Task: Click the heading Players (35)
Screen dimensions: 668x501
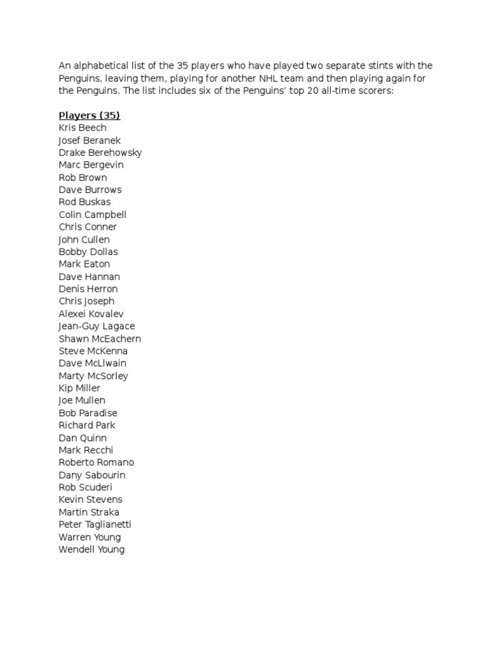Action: [89, 115]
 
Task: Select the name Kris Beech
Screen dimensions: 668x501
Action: [82, 128]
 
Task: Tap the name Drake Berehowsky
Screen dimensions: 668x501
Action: [100, 153]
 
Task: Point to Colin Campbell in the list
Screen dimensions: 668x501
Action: [92, 215]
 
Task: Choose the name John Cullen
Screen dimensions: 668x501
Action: [84, 239]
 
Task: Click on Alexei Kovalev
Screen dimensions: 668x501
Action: [91, 314]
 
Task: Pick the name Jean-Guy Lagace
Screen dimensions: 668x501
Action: [97, 326]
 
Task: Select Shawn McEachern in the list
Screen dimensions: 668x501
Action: [99, 339]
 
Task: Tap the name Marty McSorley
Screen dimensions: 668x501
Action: [93, 376]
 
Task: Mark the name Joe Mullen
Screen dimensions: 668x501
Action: [82, 401]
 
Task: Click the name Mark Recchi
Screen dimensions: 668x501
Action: [85, 450]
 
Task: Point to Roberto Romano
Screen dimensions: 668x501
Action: [96, 463]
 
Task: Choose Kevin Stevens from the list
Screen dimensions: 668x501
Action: [90, 500]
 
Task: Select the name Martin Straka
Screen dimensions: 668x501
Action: [89, 512]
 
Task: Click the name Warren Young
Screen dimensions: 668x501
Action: [89, 538]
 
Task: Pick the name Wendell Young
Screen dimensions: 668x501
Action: [91, 550]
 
